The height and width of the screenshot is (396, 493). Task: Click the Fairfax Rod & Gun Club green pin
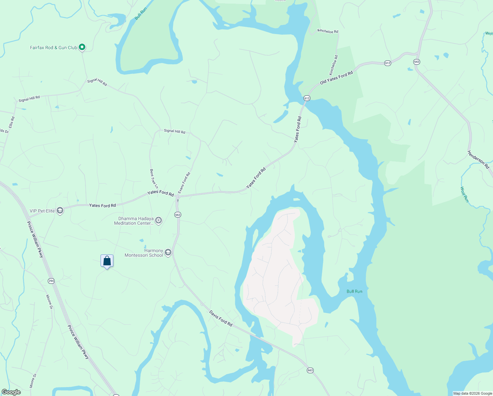click(82, 47)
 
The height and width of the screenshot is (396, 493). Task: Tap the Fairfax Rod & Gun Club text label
click(53, 48)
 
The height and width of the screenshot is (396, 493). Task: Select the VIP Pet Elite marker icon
click(60, 211)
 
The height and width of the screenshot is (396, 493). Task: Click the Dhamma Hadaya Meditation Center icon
click(159, 220)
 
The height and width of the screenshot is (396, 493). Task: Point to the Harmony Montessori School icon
click(168, 253)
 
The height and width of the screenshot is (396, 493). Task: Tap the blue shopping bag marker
click(107, 261)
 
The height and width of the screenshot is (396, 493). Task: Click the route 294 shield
click(51, 281)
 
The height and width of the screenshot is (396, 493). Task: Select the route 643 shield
click(417, 62)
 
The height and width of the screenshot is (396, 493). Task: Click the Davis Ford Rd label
click(221, 318)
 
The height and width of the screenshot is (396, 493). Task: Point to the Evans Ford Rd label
click(184, 183)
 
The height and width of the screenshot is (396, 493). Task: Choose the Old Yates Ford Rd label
click(336, 78)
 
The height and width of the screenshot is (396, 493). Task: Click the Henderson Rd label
click(478, 160)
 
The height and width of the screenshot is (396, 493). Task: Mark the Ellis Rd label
click(12, 122)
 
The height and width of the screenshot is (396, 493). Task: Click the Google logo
click(11, 392)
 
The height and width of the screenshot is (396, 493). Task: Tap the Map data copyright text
click(473, 393)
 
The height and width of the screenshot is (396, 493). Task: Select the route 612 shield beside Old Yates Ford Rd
click(388, 63)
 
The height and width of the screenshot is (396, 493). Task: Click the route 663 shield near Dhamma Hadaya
click(178, 215)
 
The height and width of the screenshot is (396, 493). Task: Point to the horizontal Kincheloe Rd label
click(328, 31)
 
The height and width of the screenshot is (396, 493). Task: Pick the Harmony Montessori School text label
click(144, 253)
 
